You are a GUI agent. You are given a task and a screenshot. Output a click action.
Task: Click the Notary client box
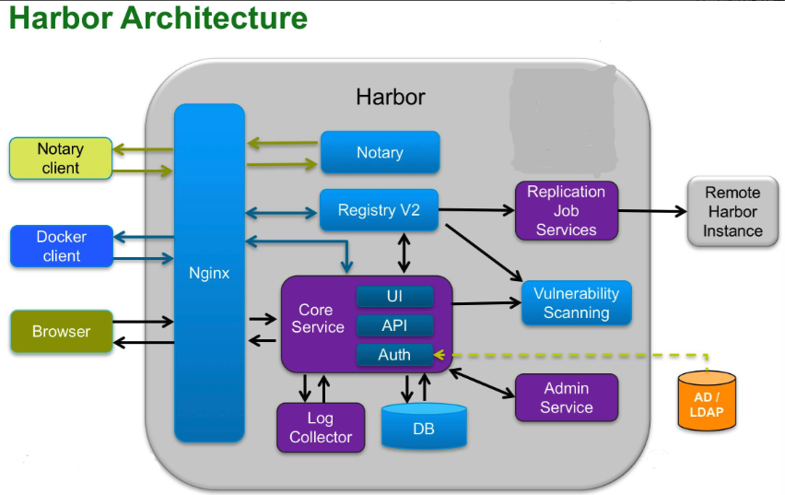coord(61,159)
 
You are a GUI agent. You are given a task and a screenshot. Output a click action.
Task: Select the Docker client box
coord(62,246)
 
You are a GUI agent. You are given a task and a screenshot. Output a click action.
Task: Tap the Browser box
coord(62,331)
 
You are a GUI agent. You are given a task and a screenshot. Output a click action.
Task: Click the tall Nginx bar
coord(209,273)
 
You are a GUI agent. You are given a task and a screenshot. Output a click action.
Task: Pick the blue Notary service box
coord(380,152)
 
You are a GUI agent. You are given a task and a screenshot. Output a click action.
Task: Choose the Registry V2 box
coord(379,210)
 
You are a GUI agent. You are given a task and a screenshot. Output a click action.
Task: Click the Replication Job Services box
coord(567,210)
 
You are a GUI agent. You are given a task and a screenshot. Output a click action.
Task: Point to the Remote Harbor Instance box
coord(732,211)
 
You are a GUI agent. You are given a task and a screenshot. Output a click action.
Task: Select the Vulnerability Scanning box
coord(577,302)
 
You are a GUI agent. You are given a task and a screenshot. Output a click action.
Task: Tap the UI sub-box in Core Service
coord(395,296)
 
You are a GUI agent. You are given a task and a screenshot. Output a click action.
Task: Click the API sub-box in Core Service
coord(395,325)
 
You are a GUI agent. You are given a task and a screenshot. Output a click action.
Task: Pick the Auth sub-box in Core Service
coord(395,355)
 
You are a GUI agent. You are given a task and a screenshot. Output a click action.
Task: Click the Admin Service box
coord(567,397)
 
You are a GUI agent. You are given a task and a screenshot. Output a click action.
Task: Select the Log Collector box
coord(321,428)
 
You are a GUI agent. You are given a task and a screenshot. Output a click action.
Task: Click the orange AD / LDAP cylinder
coord(707,401)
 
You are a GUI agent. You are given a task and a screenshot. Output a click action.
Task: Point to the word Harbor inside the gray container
coord(391,97)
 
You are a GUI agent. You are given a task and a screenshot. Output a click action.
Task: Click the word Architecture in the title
coord(214,18)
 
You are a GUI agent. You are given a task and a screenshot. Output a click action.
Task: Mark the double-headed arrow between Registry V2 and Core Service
coord(404,253)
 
